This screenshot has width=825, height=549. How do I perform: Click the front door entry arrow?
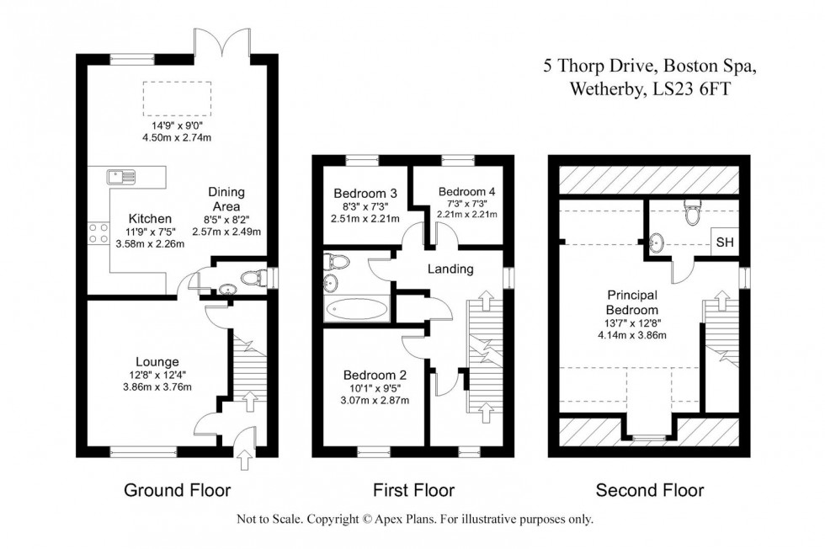(x=245, y=460)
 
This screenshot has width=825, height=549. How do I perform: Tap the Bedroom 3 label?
(x=365, y=193)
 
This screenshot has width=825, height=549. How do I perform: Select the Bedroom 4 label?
(x=466, y=192)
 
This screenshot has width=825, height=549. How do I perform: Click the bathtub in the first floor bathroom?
(x=357, y=310)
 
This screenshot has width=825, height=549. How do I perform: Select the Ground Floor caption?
(x=177, y=490)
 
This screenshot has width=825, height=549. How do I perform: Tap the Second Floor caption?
(x=649, y=490)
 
